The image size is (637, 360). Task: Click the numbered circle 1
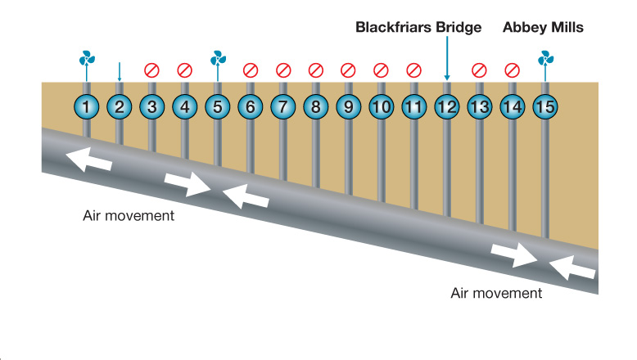(x=87, y=106)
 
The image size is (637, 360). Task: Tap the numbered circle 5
(x=218, y=106)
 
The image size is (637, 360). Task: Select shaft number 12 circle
(x=447, y=106)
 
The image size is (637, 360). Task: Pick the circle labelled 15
(x=545, y=106)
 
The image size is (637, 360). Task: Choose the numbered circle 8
(x=316, y=106)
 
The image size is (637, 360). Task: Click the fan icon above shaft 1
(x=87, y=59)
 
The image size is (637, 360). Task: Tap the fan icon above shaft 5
(x=218, y=58)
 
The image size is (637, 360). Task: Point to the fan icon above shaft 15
(x=545, y=58)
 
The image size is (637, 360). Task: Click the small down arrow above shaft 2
(x=120, y=71)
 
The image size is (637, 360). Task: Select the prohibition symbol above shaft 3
(x=151, y=70)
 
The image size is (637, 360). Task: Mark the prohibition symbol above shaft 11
(x=414, y=70)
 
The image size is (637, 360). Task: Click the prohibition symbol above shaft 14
(x=513, y=70)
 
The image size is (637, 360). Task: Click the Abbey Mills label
(x=543, y=27)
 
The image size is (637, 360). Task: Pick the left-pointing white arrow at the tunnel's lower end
(x=573, y=268)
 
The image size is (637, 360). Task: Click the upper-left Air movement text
(x=129, y=217)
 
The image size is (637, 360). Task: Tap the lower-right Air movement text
(x=496, y=293)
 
